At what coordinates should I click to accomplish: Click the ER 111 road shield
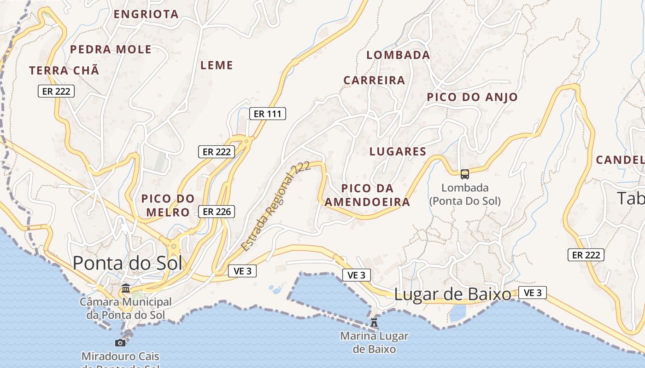pos(268,114)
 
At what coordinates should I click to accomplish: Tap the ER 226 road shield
pos(217,212)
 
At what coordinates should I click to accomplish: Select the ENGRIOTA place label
pos(146,14)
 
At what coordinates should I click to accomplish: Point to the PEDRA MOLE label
pos(111,49)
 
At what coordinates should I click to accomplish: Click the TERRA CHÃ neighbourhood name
pos(64,70)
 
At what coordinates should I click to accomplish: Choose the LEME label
pos(217,65)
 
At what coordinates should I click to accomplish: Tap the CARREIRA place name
pos(374,80)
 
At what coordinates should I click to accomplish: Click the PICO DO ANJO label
pos(472,97)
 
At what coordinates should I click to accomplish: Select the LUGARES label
pos(398,151)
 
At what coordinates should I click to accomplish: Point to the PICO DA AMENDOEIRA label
pos(367,195)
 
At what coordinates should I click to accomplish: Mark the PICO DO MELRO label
pos(168,205)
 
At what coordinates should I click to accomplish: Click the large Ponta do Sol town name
pos(128,263)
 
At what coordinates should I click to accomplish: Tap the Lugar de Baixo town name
pos(452,294)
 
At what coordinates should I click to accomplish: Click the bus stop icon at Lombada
pos(465,174)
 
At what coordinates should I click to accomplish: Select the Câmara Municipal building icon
pos(125,288)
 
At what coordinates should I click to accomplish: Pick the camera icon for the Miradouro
pos(120,343)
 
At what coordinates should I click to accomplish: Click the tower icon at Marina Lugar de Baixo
pos(374,323)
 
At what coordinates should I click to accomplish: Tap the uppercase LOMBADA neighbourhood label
pos(398,55)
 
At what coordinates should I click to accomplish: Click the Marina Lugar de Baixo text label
pos(374,342)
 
